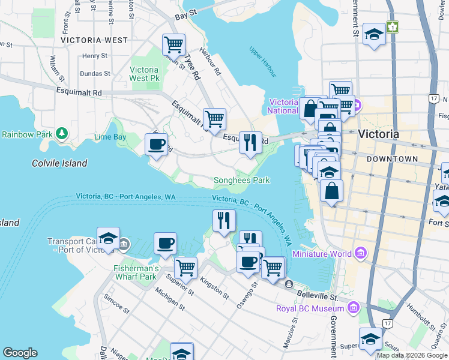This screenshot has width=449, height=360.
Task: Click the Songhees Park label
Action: tap(242, 180)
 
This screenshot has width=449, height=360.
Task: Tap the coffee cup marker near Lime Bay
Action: tap(157, 145)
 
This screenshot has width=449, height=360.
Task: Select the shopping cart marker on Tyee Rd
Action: tap(173, 44)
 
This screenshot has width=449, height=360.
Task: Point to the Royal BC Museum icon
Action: tap(354, 309)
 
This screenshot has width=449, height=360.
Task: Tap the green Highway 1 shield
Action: tap(393, 27)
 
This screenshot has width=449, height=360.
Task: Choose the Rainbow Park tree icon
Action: tap(61, 133)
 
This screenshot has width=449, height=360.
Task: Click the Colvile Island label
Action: tap(59, 163)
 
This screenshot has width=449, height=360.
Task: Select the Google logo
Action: tap(20, 353)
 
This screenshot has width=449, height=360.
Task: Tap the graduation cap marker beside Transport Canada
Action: tap(108, 238)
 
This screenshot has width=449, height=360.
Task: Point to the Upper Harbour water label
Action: tap(262, 62)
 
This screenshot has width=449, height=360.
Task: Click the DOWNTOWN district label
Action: tap(392, 159)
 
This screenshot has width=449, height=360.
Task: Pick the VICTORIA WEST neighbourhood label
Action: tap(94, 40)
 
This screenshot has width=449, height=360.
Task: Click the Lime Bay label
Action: tap(110, 137)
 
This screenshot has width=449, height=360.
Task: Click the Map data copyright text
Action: tap(412, 355)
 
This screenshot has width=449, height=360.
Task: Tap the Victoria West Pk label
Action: tap(144, 74)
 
